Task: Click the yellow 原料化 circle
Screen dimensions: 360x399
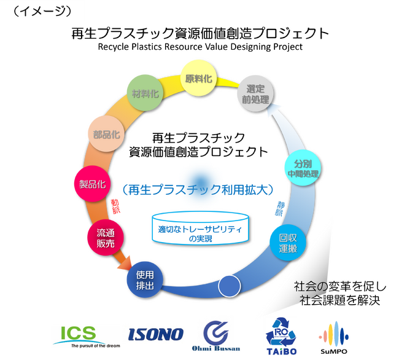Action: [199, 79]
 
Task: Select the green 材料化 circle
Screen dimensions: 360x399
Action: [145, 94]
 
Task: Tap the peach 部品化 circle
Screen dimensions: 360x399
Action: [106, 134]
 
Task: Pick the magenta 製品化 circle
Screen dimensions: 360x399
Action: [91, 184]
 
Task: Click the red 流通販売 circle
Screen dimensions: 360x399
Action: [105, 238]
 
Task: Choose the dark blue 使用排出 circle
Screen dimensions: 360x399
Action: [145, 279]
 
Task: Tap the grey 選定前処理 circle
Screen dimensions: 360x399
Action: [255, 93]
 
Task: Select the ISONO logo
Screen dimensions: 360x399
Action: [156, 334]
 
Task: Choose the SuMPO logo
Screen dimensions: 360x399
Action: [334, 337]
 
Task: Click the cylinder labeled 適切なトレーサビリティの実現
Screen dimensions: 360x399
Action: [201, 228]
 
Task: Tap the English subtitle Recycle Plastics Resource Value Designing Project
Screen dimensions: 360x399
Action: [200, 47]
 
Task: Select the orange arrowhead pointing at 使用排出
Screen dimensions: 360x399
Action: [126, 265]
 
